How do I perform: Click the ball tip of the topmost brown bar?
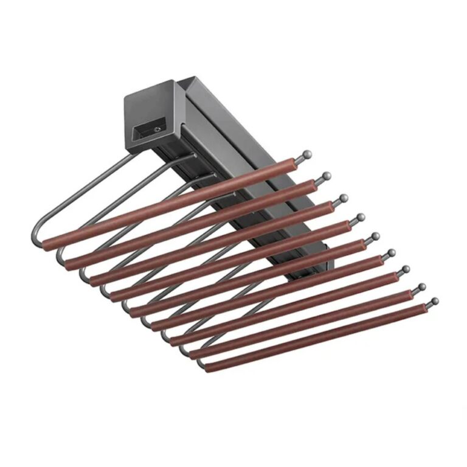(x=307, y=154)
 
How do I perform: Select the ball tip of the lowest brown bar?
(x=434, y=300)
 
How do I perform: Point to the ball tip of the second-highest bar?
(x=326, y=176)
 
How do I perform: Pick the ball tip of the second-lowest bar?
(x=421, y=286)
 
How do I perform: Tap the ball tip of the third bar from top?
(x=343, y=198)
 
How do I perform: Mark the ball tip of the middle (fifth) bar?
(x=375, y=236)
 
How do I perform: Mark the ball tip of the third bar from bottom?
(x=406, y=269)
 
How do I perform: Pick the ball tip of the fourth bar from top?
(x=360, y=217)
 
